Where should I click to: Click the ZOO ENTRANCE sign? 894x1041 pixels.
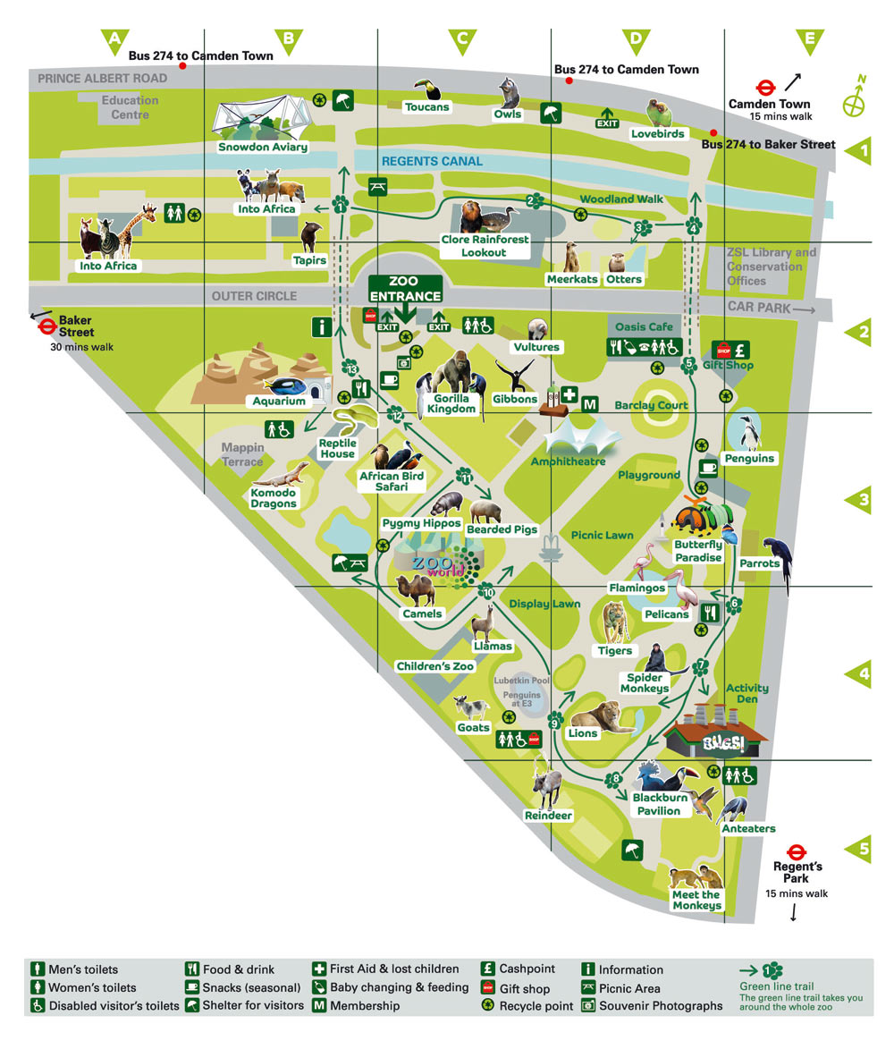(405, 289)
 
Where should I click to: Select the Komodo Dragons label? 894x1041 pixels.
(274, 497)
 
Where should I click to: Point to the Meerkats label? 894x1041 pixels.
(572, 279)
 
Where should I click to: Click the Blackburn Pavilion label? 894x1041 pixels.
(657, 804)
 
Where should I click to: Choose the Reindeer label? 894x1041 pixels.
(549, 816)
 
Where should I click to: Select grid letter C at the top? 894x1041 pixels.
(462, 39)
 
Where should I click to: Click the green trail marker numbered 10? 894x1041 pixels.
(487, 591)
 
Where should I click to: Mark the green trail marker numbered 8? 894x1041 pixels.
(613, 780)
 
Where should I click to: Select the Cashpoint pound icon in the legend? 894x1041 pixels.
(488, 969)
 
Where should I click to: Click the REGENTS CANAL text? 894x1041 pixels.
(432, 162)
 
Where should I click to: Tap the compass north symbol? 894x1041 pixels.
(855, 101)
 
